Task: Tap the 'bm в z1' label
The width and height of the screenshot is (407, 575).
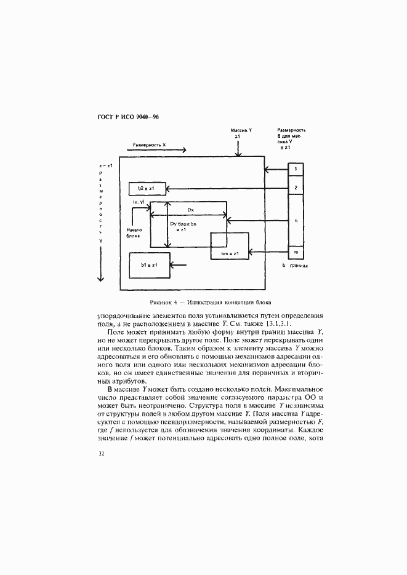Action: click(x=230, y=253)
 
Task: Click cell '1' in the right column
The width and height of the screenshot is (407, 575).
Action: click(x=296, y=169)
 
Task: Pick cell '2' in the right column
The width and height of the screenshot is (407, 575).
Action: click(x=296, y=188)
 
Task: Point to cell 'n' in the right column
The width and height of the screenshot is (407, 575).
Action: click(x=296, y=220)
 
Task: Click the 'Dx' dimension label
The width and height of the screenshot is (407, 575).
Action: click(x=191, y=210)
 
